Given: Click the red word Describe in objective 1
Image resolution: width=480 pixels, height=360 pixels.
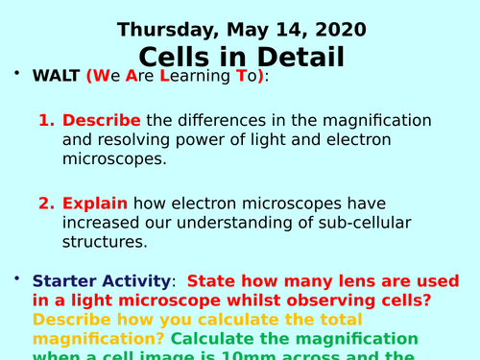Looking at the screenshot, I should pyautogui.click(x=102, y=121).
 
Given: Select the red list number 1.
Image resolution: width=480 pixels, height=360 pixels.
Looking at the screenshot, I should pyautogui.click(x=46, y=121).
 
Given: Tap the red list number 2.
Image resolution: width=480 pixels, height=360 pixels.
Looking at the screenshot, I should pyautogui.click(x=46, y=204).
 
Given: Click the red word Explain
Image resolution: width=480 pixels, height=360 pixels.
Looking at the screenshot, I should pyautogui.click(x=96, y=204).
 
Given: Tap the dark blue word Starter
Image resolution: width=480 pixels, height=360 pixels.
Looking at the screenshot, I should pyautogui.click(x=65, y=281).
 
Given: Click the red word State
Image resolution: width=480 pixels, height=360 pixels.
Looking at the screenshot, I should pyautogui.click(x=212, y=281).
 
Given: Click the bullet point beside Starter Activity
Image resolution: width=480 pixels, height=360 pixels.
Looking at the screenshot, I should pyautogui.click(x=16, y=278).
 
